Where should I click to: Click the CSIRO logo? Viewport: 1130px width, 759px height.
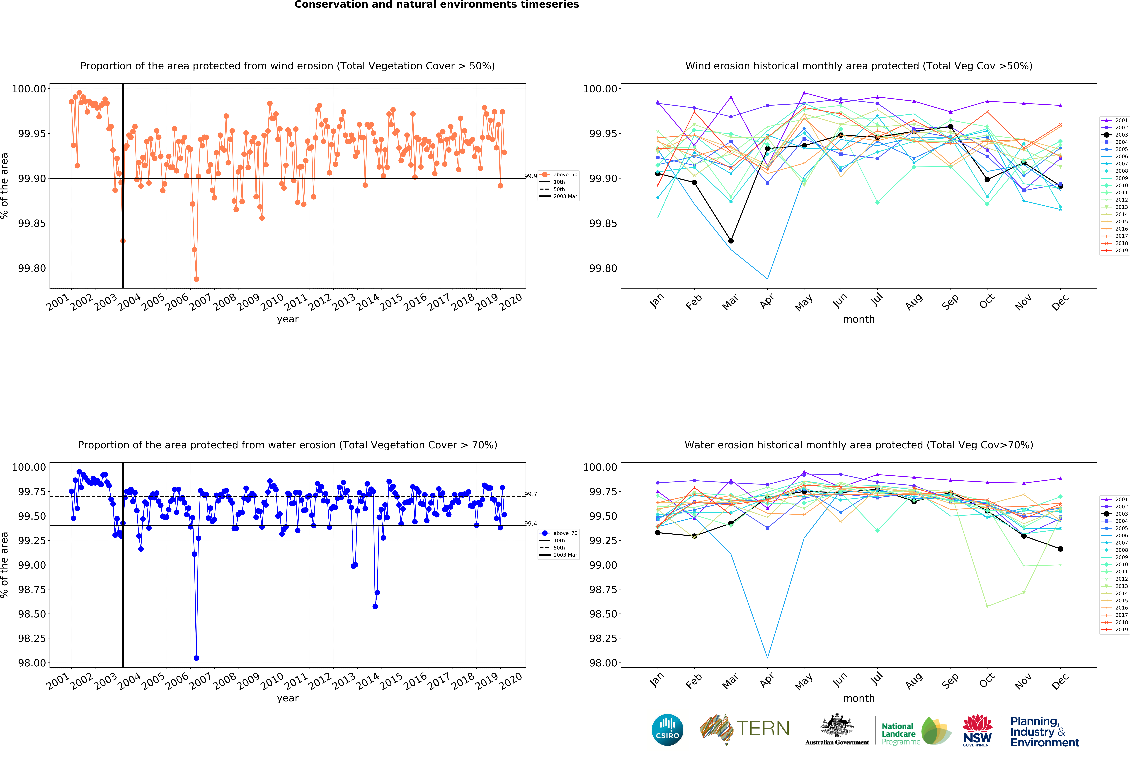pyautogui.click(x=667, y=730)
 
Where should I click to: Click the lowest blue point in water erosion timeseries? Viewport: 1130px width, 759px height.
pyautogui.click(x=196, y=658)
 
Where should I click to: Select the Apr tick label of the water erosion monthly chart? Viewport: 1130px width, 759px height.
pyautogui.click(x=767, y=681)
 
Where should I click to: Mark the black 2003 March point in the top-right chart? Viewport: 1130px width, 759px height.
pyautogui.click(x=731, y=241)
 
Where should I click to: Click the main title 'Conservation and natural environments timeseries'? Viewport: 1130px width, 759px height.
pyautogui.click(x=436, y=5)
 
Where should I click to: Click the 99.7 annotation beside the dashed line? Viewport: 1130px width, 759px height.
pyautogui.click(x=531, y=494)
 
